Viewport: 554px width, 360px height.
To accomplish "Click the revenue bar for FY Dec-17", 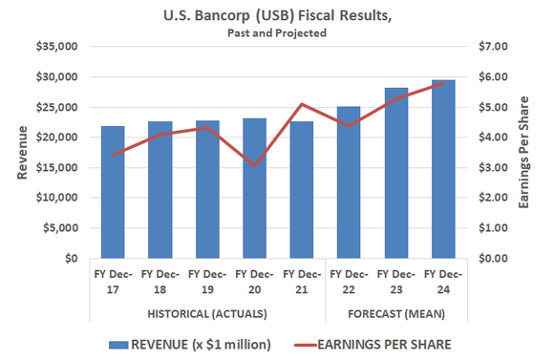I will tap(114, 196).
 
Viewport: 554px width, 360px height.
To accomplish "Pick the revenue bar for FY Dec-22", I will tap(349, 182).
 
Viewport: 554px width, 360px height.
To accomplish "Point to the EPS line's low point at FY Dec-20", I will tap(254, 166).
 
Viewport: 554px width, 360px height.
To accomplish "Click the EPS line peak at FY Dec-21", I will tap(302, 104).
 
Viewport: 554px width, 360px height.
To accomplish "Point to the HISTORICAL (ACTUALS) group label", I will tap(207, 313).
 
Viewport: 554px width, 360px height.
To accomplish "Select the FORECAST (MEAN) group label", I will tap(395, 313).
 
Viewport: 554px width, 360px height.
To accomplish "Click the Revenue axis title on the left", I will tap(21, 156).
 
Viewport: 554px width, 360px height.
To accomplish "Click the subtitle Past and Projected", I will tap(277, 32).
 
